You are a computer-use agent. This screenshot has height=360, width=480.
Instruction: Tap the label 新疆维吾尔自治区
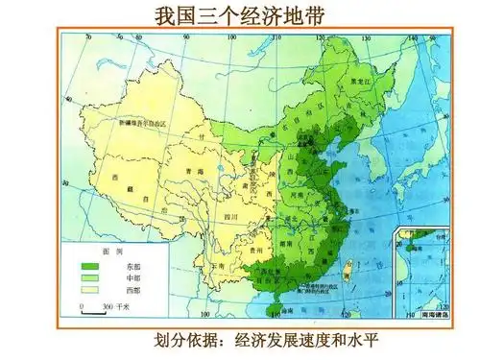pos(142,124)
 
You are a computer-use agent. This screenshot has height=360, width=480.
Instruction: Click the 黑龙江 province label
pos(360,83)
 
